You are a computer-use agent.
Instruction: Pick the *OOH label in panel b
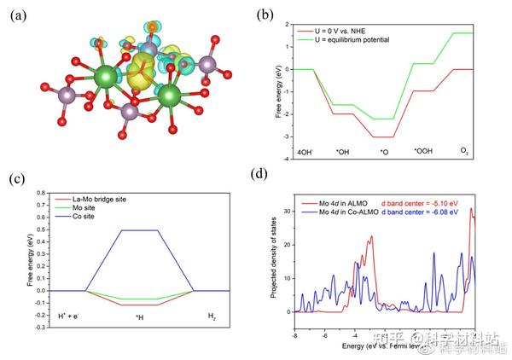pyautogui.click(x=423, y=152)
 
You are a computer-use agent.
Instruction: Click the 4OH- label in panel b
pyautogui.click(x=304, y=152)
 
